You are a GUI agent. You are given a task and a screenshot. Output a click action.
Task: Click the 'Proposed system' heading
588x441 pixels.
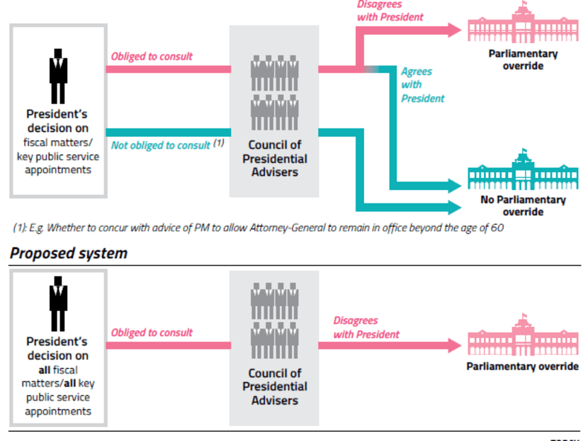click(x=69, y=253)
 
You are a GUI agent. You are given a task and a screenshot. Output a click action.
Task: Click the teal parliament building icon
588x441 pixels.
click(x=522, y=171)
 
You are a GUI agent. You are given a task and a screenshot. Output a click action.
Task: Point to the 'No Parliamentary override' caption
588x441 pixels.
click(x=523, y=206)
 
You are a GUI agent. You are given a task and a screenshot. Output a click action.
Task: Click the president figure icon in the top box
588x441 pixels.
click(x=58, y=77)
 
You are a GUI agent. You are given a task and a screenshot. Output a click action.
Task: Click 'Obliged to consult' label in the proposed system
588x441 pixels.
click(x=152, y=333)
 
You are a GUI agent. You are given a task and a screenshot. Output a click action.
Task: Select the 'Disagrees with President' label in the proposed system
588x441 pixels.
click(x=366, y=328)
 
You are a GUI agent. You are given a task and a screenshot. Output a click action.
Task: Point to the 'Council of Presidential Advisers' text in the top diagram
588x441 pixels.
click(x=275, y=159)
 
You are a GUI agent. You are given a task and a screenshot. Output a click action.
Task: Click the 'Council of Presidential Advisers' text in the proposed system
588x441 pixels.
click(x=275, y=386)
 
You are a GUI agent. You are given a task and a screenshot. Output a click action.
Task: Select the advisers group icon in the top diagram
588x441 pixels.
click(x=275, y=93)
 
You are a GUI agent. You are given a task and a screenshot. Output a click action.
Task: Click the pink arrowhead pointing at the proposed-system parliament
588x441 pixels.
click(x=453, y=346)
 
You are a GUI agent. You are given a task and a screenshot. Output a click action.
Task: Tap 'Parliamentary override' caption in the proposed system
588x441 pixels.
click(x=522, y=367)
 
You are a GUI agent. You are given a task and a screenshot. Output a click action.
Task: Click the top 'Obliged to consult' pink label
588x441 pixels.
click(x=152, y=57)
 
